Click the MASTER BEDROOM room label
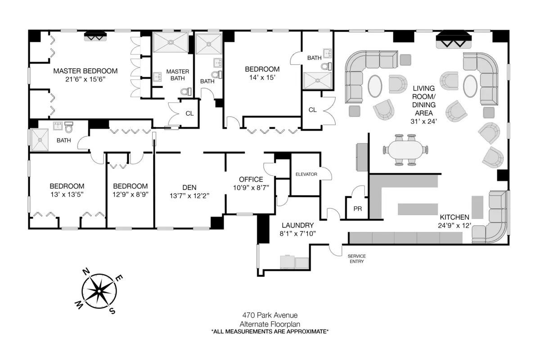tap(85, 71)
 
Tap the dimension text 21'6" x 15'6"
tap(85, 79)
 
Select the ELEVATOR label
tap(306, 174)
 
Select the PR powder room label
tap(358, 209)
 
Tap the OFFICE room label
tap(251, 180)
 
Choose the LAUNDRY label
tap(297, 225)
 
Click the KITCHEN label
tap(454, 216)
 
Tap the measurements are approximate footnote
tap(270, 332)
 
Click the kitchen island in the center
tap(416, 209)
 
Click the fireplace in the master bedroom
tap(95, 36)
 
